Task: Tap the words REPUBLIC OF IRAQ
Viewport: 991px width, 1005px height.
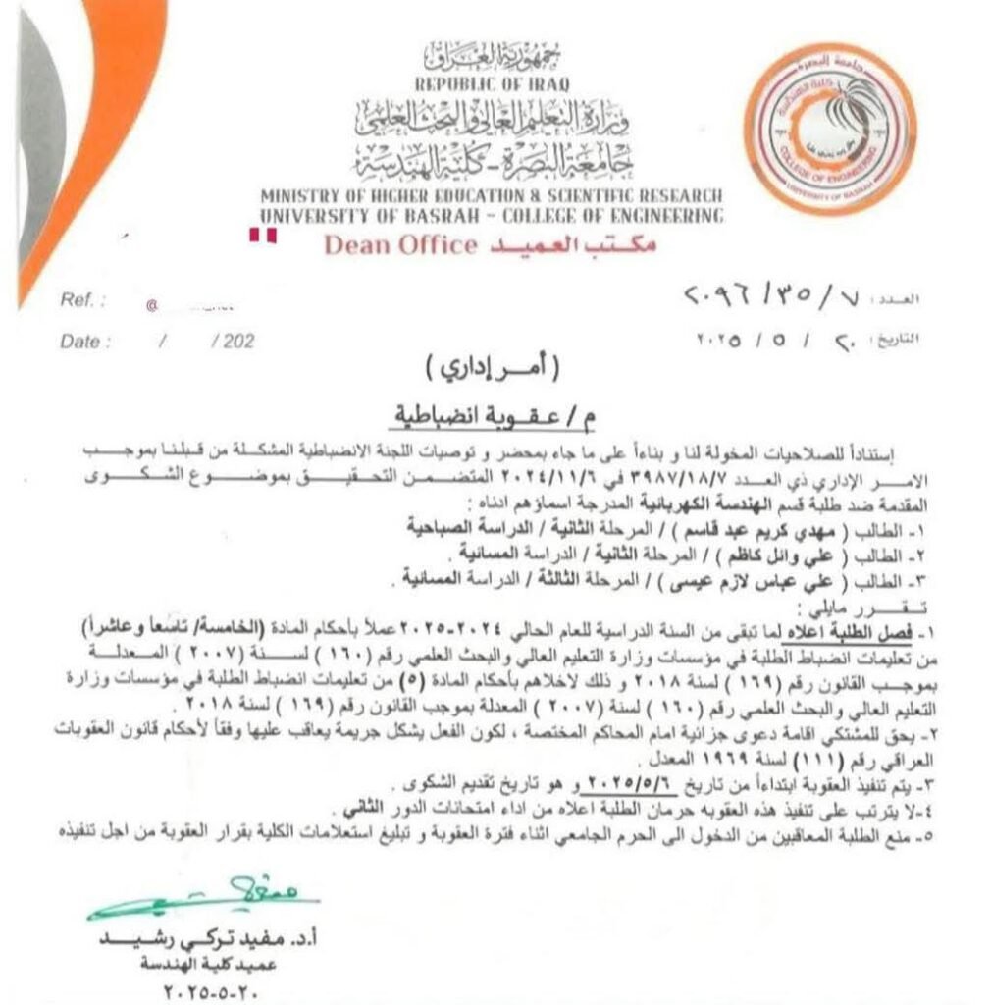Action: (492, 84)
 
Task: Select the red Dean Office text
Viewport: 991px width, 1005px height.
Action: (399, 244)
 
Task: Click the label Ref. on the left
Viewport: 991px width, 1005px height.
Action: (78, 299)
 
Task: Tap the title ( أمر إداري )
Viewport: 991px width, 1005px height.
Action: (494, 371)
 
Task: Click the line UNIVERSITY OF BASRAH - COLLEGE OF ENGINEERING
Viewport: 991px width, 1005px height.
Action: (492, 215)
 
